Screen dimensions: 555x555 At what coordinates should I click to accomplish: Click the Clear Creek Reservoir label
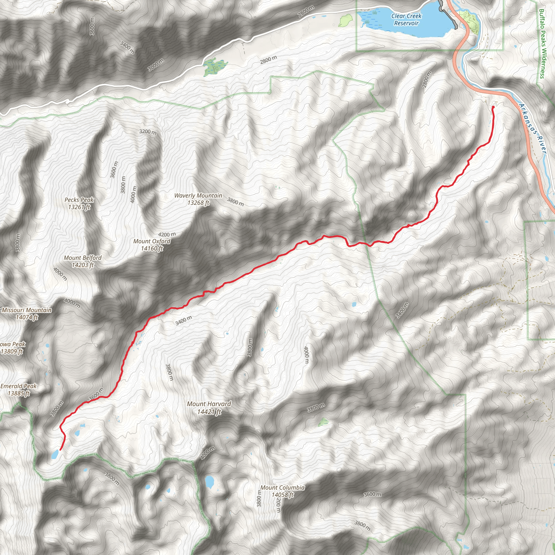(406, 20)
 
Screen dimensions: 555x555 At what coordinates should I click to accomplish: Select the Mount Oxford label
(152, 245)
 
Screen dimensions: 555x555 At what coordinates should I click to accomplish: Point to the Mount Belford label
(83, 261)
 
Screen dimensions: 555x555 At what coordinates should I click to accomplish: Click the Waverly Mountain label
(198, 199)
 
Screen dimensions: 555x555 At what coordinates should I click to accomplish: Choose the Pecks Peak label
(79, 203)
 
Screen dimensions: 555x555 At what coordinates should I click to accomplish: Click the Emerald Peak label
(18, 389)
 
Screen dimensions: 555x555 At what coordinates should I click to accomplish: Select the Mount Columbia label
(282, 491)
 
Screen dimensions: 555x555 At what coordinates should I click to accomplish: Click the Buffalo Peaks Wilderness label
(542, 43)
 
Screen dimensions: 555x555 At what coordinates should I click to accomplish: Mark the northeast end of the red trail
(493, 107)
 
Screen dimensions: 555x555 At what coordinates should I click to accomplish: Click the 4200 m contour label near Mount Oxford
(167, 235)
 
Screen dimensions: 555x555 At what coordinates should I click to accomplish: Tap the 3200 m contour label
(148, 132)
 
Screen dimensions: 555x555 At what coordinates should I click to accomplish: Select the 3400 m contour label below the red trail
(183, 320)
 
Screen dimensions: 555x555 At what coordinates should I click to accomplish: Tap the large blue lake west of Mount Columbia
(209, 482)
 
